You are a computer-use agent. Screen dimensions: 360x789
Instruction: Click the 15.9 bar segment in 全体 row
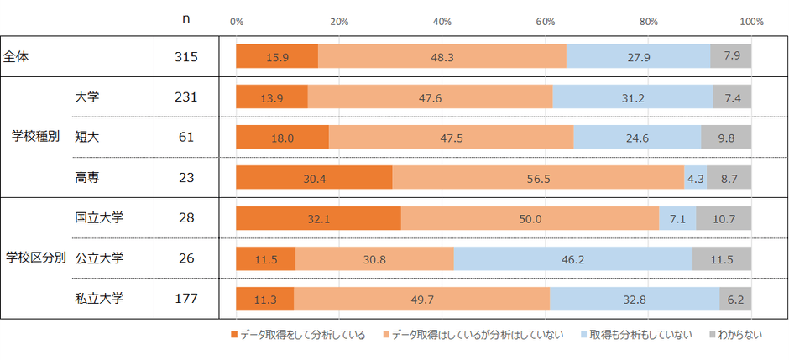(277, 56)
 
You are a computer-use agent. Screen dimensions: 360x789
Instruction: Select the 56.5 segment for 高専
(538, 178)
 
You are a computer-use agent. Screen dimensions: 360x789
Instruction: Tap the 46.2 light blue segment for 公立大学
(573, 259)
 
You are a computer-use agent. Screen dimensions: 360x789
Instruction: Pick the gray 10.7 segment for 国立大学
(724, 218)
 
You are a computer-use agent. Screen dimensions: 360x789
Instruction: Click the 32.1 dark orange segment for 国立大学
(318, 218)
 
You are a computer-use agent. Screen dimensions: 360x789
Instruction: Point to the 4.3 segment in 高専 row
(695, 178)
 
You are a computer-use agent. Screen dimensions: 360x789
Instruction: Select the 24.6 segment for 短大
(637, 138)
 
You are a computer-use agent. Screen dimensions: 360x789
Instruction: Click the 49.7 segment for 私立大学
(421, 299)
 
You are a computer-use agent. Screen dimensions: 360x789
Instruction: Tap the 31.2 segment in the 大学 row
(633, 97)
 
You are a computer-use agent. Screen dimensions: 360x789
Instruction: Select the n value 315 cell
(185, 56)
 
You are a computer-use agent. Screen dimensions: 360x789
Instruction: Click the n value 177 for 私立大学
(185, 299)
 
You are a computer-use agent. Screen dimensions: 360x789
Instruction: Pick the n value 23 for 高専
(185, 178)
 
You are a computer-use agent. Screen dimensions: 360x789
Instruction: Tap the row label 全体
(17, 56)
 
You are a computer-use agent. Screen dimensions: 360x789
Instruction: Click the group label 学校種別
(34, 137)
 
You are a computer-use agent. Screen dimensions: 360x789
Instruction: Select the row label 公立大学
(99, 258)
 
